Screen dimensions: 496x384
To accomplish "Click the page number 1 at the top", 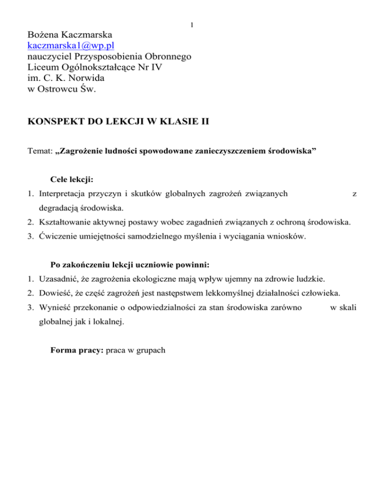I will point(192,25).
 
